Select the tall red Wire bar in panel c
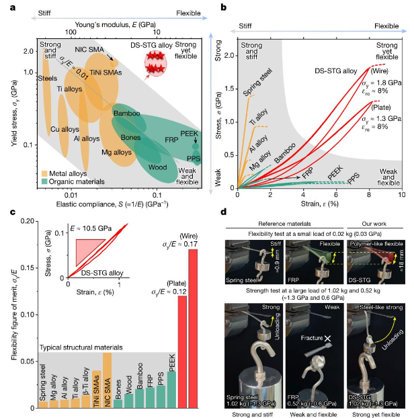coord(194,323)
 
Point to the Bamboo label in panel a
coord(126,113)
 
